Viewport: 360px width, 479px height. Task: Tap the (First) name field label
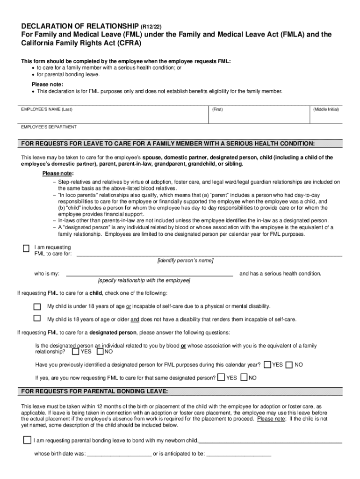coord(217,109)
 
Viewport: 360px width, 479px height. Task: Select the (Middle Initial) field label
coord(326,109)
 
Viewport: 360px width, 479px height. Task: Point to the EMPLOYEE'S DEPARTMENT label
coord(49,127)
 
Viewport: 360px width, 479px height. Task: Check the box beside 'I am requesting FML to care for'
coord(26,248)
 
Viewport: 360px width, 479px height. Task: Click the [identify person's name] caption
coord(185,261)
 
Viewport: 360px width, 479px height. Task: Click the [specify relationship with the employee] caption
coord(144,281)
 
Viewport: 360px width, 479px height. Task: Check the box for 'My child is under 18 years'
coord(37,306)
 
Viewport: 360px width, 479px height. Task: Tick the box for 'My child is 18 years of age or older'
coord(37,319)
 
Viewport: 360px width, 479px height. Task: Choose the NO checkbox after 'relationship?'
coord(100,351)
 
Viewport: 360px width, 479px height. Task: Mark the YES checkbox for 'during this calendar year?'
coord(267,364)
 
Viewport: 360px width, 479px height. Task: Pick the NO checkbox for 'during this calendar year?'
coord(289,364)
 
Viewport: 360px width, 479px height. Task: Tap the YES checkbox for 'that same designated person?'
coord(221,377)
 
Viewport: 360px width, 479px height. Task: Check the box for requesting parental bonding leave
coord(27,440)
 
